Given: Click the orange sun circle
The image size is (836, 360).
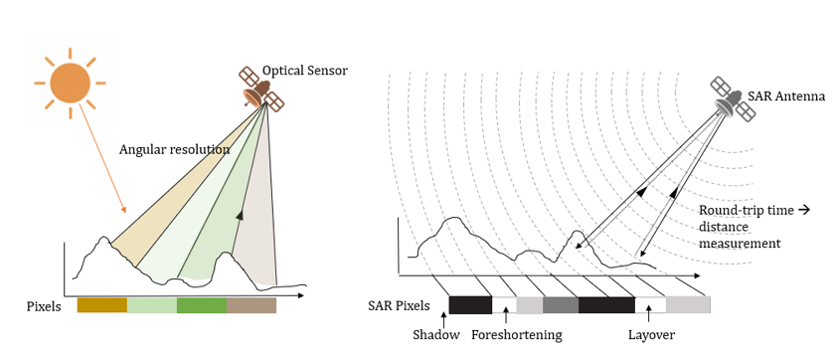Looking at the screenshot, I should tap(70, 82).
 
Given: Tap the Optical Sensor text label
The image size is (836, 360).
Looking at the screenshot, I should tap(304, 72).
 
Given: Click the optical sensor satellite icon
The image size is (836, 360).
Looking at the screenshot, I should tap(259, 90).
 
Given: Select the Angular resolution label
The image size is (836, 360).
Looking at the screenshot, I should tap(175, 150).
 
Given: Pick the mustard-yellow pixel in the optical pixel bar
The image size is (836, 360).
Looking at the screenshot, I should tap(101, 306).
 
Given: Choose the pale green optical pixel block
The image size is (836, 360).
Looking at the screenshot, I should tap(151, 306).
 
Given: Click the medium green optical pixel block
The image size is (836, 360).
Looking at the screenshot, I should tap(202, 306).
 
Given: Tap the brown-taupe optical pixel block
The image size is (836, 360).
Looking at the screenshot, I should tap(251, 306).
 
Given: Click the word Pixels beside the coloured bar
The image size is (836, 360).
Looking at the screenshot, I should tap(45, 306).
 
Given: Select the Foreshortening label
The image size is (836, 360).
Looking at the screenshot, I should tap(516, 335).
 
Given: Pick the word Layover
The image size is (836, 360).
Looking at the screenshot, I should tap(651, 335).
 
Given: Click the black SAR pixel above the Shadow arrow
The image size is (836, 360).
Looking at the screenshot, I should tap(470, 305).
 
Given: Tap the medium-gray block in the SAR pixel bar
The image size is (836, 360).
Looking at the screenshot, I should tap(561, 305).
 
